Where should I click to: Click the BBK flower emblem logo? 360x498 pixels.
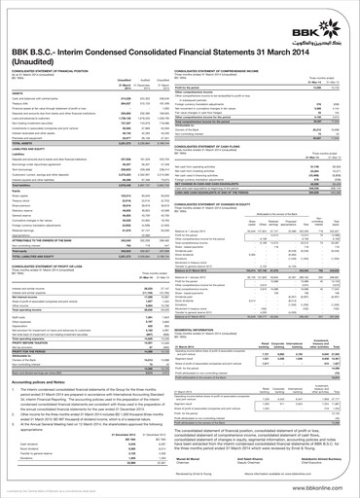tap(329, 17)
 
